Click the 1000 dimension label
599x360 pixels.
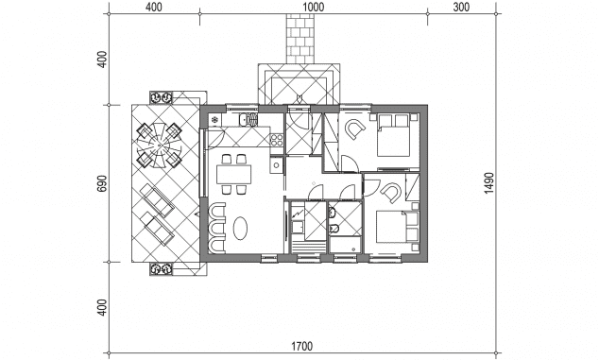pos(314,7)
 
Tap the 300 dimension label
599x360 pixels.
pos(461,7)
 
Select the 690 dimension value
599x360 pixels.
pos(102,184)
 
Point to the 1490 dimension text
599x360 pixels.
pos(489,182)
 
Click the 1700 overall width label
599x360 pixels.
pos(301,346)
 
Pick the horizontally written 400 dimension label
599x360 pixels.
pos(154,7)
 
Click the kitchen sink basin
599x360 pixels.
pos(243,120)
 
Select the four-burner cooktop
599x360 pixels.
pos(277,140)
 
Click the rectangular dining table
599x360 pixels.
pos(234,174)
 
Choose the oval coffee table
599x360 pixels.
pos(240,228)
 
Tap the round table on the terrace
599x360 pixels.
pos(159,145)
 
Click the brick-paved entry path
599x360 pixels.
pos(300,39)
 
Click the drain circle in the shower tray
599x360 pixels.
pos(354,249)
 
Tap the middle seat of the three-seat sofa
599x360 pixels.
pos(216,228)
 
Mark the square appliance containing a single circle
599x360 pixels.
pos(276,165)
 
